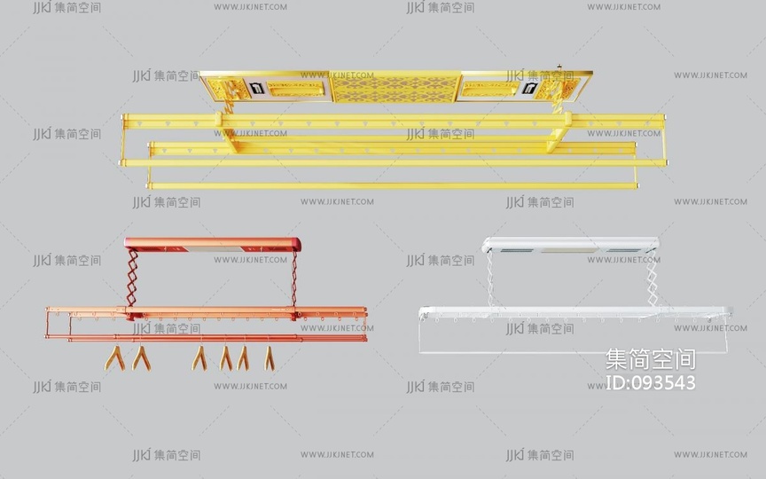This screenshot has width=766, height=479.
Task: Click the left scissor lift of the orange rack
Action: pyautogui.click(x=131, y=278)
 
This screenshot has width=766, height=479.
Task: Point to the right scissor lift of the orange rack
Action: pyautogui.click(x=294, y=279)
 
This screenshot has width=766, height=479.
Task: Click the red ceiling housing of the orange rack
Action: pyautogui.click(x=213, y=244)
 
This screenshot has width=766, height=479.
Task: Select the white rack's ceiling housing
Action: pyautogui.click(x=570, y=245)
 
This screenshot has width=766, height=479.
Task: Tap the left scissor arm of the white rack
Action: pyautogui.click(x=490, y=279)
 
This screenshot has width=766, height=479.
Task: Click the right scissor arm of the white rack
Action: pyautogui.click(x=652, y=279)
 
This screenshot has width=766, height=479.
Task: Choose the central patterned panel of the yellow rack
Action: pyautogui.click(x=395, y=88)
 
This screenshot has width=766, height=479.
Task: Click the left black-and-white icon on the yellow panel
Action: pyautogui.click(x=256, y=89)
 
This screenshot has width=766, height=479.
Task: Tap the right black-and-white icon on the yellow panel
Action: pyautogui.click(x=530, y=89)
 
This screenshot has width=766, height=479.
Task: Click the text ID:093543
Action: pyautogui.click(x=650, y=382)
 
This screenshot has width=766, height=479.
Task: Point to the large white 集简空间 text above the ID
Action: pyautogui.click(x=650, y=359)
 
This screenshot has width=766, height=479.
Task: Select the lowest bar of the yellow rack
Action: pyautogui.click(x=392, y=185)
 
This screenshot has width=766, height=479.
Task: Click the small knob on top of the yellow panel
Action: pyautogui.click(x=559, y=67)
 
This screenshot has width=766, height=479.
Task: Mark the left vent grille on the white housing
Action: pyautogui.click(x=518, y=250)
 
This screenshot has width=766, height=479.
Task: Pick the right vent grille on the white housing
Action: pyautogui.click(x=624, y=250)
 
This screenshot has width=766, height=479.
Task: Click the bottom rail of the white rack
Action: pyautogui.click(x=573, y=351)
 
